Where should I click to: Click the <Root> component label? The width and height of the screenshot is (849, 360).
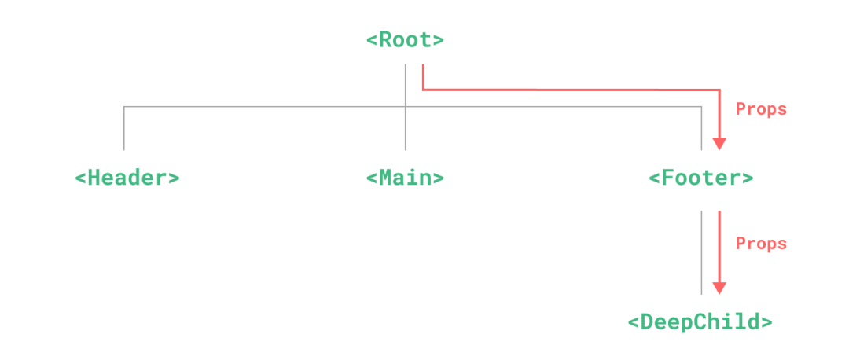click(405, 40)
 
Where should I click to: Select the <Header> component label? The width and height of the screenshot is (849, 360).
click(127, 178)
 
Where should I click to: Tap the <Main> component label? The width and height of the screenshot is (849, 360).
click(405, 178)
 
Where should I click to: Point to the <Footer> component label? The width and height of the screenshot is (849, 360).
click(700, 178)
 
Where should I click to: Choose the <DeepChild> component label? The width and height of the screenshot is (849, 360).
click(700, 322)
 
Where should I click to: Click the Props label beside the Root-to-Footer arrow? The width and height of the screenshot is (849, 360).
click(761, 109)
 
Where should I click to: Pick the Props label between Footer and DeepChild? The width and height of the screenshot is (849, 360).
click(761, 244)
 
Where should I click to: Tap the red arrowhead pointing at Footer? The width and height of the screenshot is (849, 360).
click(719, 144)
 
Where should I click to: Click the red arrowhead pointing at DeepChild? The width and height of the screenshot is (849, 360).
click(719, 288)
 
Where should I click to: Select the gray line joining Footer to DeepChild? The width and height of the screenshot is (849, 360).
click(701, 252)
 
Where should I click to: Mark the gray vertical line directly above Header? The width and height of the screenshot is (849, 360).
click(123, 127)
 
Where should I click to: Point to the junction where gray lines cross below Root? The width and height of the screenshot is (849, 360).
click(405, 105)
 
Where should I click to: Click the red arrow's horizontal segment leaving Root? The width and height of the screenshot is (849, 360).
click(566, 90)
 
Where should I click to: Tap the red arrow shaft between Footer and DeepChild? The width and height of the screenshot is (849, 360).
click(719, 244)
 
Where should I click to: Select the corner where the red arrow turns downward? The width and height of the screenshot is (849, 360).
click(719, 90)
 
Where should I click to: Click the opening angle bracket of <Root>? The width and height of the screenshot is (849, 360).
click(371, 40)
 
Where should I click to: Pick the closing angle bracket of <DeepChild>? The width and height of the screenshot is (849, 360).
click(766, 322)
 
